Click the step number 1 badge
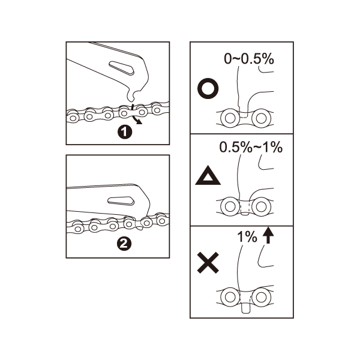[125, 132]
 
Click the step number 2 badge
[124, 243]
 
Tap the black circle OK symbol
[208, 89]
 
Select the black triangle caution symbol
[208, 176]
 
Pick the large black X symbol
[208, 263]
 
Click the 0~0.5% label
[249, 59]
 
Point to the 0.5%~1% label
[251, 147]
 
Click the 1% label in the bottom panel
[247, 237]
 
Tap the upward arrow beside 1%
[268, 235]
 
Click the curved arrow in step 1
[135, 115]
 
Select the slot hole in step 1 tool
[122, 68]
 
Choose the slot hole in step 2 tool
[121, 200]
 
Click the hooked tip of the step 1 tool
[131, 97]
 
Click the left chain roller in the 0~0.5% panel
[230, 119]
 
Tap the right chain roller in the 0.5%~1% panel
[261, 206]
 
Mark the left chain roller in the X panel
[230, 297]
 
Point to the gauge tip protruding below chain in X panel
[245, 308]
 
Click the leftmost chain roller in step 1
[73, 118]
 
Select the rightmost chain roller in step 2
[162, 221]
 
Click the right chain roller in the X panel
[261, 297]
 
